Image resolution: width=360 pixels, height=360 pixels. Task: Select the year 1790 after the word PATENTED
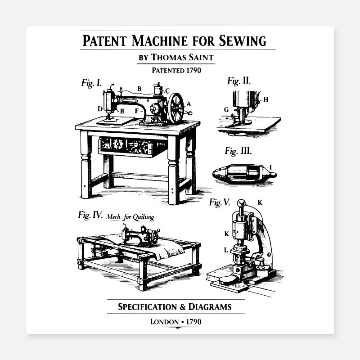(191, 70)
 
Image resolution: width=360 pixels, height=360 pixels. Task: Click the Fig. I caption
(91, 83)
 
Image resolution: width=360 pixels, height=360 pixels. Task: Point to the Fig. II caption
(239, 81)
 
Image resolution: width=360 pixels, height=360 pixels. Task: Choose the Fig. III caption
(238, 151)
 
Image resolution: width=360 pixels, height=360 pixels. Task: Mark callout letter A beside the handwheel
(189, 104)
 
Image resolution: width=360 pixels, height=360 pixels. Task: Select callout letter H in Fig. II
(265, 100)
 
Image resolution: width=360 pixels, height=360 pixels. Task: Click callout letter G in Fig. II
(226, 109)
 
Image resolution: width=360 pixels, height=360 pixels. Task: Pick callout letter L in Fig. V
(226, 249)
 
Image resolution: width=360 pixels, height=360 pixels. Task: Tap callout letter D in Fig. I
(100, 108)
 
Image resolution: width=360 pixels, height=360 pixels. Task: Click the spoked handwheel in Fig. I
(176, 108)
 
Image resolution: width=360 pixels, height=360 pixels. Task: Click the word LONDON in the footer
(164, 322)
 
